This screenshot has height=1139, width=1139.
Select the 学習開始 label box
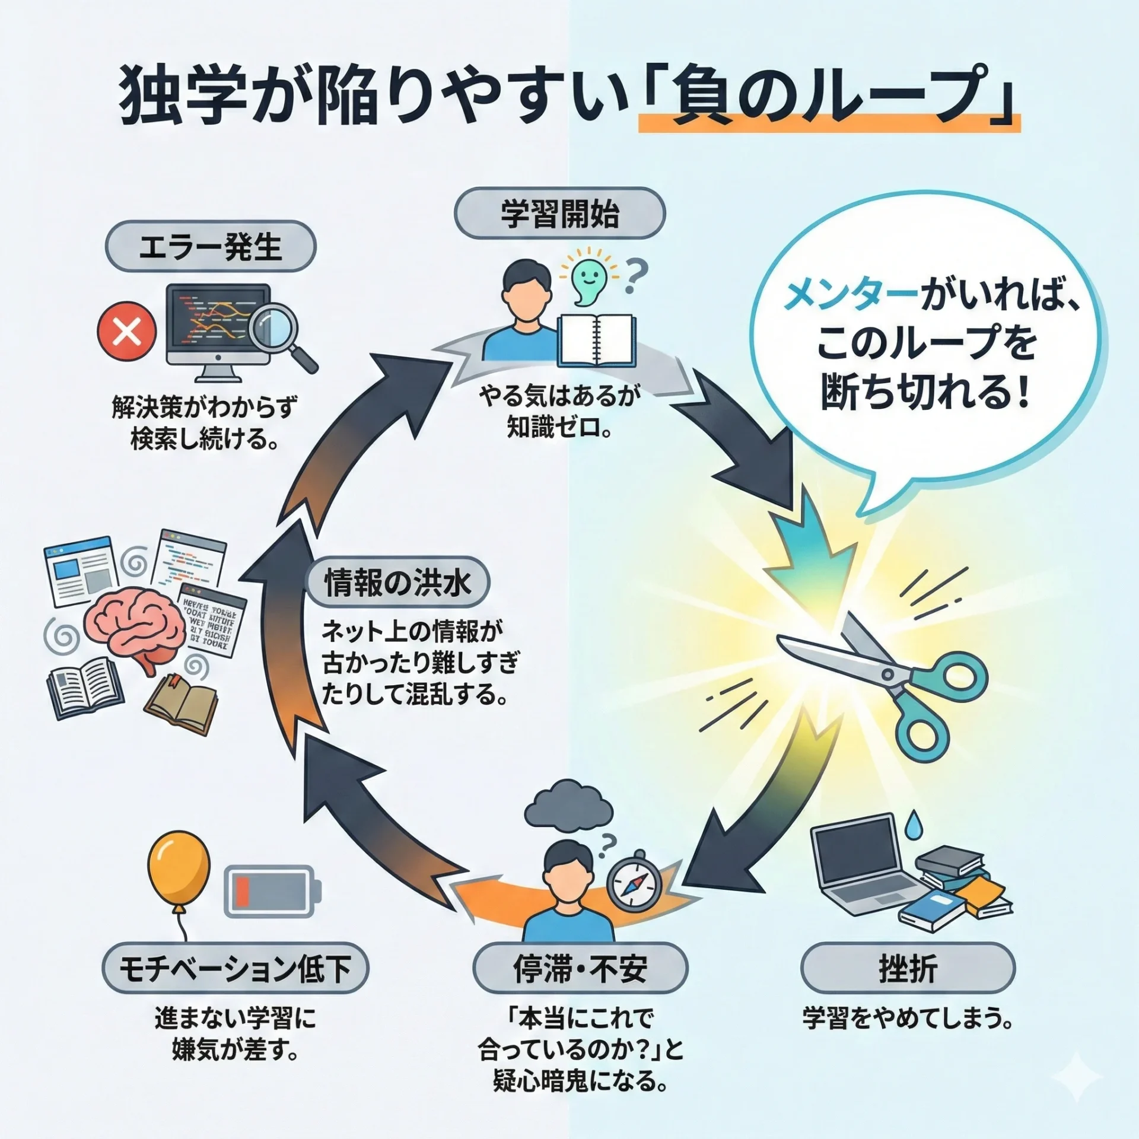[x=559, y=214]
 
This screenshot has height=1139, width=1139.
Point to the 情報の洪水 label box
[x=399, y=582]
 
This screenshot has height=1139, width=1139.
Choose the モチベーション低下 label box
[x=235, y=969]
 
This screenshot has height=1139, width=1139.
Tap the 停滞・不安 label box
[x=580, y=969]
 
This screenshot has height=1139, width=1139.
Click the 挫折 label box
[x=908, y=969]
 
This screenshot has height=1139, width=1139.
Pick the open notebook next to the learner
[x=596, y=341]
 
